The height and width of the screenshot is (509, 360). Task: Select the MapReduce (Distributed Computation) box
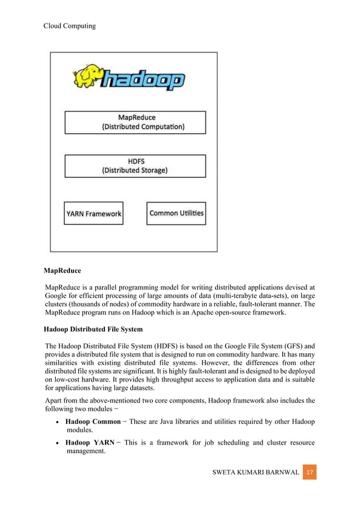(135, 122)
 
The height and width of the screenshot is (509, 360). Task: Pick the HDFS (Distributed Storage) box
(135, 165)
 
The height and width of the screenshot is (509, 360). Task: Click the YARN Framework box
(93, 214)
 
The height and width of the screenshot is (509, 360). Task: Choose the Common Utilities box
(176, 213)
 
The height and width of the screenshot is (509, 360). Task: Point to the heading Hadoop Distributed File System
(93, 329)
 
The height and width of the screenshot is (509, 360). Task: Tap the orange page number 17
(309, 471)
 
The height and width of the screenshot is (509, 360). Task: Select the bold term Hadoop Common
(93, 422)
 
